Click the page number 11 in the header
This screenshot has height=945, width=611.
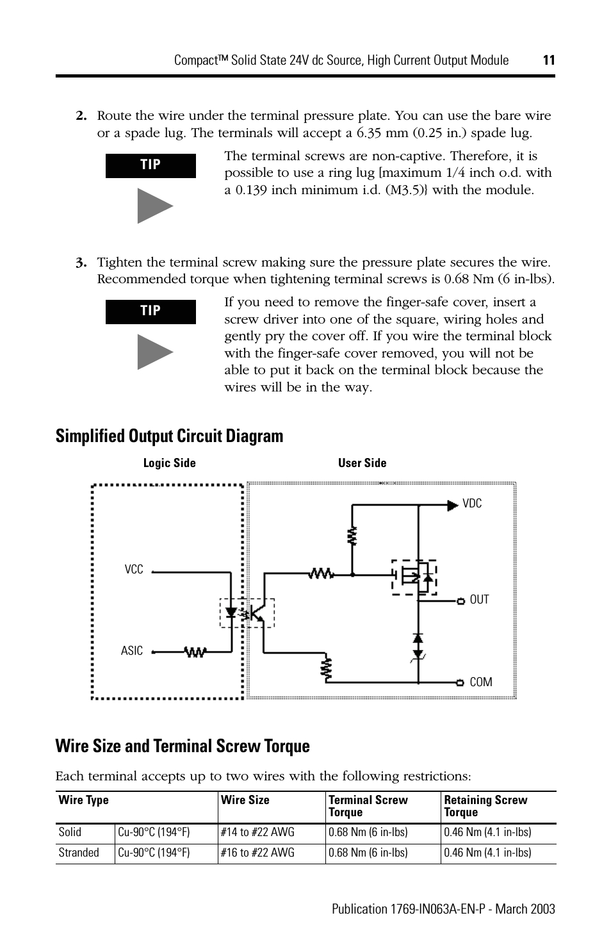coord(548,60)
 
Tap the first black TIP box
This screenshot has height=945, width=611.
coord(151,165)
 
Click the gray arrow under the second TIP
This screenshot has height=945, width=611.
coord(154,352)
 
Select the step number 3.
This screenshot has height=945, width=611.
coord(81,263)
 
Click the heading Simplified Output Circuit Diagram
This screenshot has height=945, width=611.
coord(169,436)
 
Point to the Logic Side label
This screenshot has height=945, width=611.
coord(169,463)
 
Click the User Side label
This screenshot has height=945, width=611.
coord(362,463)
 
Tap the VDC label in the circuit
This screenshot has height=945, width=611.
coord(472,504)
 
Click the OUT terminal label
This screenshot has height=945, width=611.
coord(479,600)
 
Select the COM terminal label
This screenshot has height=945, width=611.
coord(480,682)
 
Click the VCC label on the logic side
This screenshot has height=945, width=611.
coord(134,570)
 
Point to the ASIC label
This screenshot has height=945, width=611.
coord(132,651)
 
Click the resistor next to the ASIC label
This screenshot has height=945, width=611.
coord(195,652)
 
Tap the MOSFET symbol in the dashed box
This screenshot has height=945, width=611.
coord(414,577)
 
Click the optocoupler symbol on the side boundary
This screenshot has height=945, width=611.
coord(247,612)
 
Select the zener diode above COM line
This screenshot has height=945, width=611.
coord(418,647)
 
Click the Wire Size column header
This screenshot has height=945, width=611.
coord(245,800)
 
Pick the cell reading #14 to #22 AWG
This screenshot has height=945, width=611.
coord(257,832)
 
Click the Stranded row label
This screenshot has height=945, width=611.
coord(79,853)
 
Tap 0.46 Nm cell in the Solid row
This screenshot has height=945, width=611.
coord(487,832)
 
